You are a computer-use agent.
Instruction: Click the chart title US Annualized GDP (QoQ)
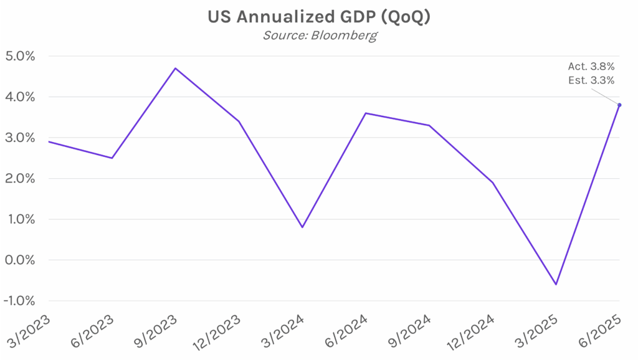point(318,17)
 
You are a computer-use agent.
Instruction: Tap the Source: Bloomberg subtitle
point(320,35)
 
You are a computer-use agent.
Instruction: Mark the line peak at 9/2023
point(175,68)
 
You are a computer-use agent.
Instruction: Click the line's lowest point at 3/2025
point(556,285)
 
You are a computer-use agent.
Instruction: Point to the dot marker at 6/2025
point(619,105)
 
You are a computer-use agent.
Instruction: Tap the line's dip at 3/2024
point(302,227)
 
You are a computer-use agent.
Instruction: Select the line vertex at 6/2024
point(366,113)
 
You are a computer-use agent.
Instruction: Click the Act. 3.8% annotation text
point(591,66)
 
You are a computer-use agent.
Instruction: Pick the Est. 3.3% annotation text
point(591,80)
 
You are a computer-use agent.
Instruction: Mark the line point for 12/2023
point(239,121)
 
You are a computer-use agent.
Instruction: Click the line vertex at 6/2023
point(112,158)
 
